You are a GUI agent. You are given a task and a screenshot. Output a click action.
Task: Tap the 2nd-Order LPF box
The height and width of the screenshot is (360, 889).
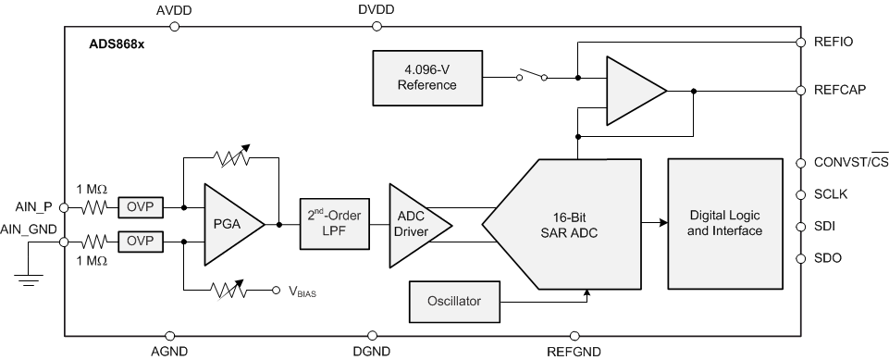click(333, 223)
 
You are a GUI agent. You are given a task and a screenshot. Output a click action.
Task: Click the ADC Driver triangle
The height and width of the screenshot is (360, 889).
click(414, 223)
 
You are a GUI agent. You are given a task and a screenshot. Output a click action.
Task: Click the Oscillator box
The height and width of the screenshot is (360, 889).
click(453, 300)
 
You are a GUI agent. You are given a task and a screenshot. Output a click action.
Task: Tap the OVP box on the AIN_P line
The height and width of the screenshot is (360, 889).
click(141, 206)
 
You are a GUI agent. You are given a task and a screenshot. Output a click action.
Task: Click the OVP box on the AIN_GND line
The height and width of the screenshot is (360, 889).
click(141, 242)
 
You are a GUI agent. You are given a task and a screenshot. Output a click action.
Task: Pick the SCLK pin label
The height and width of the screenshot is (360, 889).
click(832, 194)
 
